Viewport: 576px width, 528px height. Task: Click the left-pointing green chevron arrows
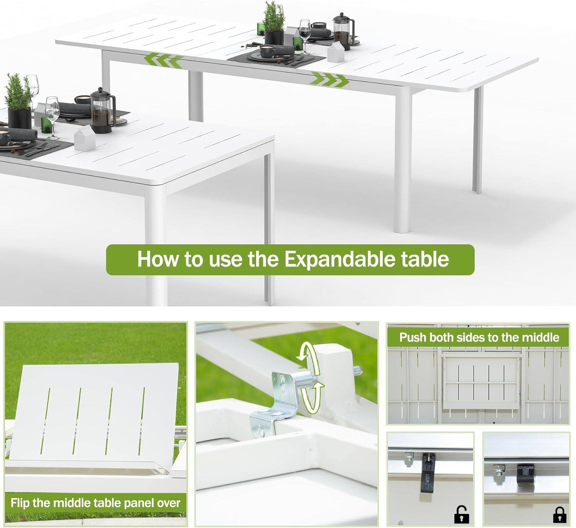click(164, 61)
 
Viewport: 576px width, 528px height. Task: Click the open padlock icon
click(461, 514)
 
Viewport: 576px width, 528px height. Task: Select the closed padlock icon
click(559, 514)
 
